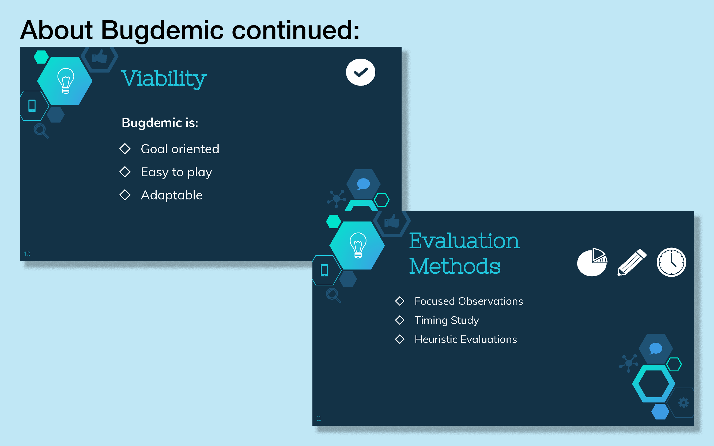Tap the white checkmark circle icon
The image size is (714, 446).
coord(360,72)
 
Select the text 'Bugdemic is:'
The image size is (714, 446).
coord(160,123)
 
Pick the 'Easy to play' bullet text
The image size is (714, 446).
coord(176,172)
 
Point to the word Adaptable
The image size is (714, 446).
coord(172,195)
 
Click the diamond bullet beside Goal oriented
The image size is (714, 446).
coord(125,149)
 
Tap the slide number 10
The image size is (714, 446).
coord(27,254)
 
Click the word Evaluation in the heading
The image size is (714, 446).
coord(464,241)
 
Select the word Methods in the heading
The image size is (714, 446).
coord(455,266)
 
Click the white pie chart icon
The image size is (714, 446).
coord(592,262)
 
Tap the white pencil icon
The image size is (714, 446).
coord(632,262)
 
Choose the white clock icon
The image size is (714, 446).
coord(671,262)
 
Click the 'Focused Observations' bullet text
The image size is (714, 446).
coord(469,301)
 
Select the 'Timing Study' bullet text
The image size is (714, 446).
coord(447,320)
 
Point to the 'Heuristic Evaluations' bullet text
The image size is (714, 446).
coord(466,340)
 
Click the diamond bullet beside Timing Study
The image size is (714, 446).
coord(400,320)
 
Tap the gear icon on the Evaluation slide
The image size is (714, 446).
coord(683,403)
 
